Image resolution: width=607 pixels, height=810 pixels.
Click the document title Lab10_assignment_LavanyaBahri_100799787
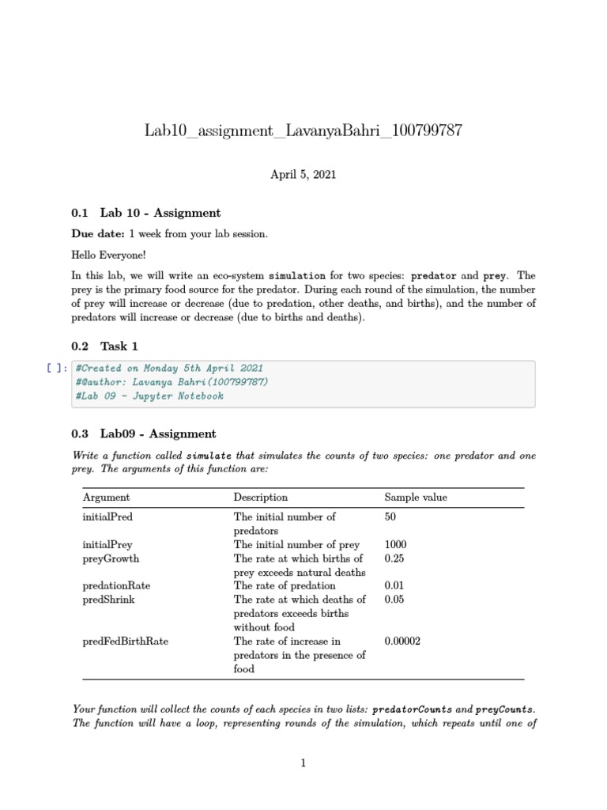tap(303, 131)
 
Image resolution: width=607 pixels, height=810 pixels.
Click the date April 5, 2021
tap(303, 174)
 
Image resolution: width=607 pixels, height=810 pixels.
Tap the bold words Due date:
tap(98, 234)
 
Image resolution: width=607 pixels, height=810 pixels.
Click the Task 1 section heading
tap(119, 346)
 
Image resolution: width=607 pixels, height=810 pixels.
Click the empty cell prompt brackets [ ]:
tap(57, 368)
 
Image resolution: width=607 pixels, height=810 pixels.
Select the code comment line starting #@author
tap(172, 382)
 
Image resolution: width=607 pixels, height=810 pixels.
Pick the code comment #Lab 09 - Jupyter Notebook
tap(149, 396)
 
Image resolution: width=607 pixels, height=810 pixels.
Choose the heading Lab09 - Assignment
tap(157, 433)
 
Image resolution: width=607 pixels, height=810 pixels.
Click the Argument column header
tap(106, 498)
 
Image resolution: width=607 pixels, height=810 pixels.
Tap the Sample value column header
tap(416, 498)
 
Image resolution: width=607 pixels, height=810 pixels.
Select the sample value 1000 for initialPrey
tap(396, 544)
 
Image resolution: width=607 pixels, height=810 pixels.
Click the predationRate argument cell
tap(116, 585)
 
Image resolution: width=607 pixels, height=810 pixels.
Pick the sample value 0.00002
tap(402, 641)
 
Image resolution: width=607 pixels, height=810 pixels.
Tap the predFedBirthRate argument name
tap(125, 641)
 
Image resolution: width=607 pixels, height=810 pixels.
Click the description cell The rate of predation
tap(284, 585)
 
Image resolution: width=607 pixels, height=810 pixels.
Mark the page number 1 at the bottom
tap(303, 763)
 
